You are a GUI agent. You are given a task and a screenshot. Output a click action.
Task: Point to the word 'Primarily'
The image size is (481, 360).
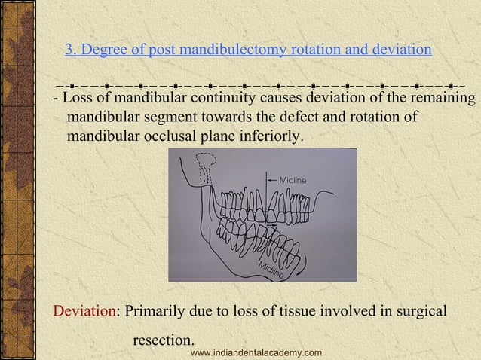pos(155,311)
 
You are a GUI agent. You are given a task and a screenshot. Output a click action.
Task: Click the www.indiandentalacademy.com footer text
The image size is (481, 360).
pos(256,353)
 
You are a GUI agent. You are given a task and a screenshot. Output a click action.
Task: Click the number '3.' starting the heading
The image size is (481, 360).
pos(72,50)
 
